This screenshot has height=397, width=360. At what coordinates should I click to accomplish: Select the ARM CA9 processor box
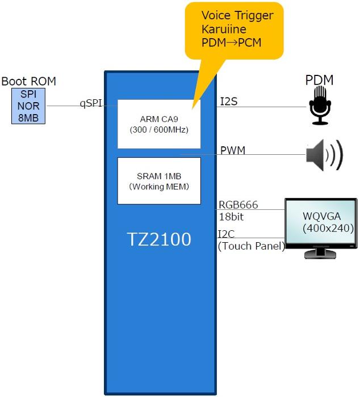(159, 124)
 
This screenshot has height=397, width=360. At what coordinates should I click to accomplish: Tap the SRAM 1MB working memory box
(159, 180)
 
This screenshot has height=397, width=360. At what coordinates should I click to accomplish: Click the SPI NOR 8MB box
(30, 106)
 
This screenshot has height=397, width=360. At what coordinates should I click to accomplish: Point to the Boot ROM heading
(28, 81)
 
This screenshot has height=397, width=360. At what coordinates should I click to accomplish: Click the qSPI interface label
(91, 103)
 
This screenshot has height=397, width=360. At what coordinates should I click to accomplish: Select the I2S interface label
(228, 102)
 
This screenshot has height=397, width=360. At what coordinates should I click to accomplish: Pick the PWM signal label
(233, 150)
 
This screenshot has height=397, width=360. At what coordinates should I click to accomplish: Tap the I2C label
(227, 234)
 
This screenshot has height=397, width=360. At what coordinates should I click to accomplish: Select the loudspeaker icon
(324, 155)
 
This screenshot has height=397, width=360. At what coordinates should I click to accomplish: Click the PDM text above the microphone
(319, 81)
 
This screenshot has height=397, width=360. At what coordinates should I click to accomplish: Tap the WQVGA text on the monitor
(320, 217)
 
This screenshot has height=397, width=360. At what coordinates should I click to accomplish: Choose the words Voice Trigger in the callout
(237, 15)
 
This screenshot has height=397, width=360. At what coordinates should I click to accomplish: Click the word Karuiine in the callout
(225, 29)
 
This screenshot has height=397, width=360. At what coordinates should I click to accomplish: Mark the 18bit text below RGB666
(231, 216)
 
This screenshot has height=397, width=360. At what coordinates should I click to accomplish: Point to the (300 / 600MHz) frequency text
(159, 130)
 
